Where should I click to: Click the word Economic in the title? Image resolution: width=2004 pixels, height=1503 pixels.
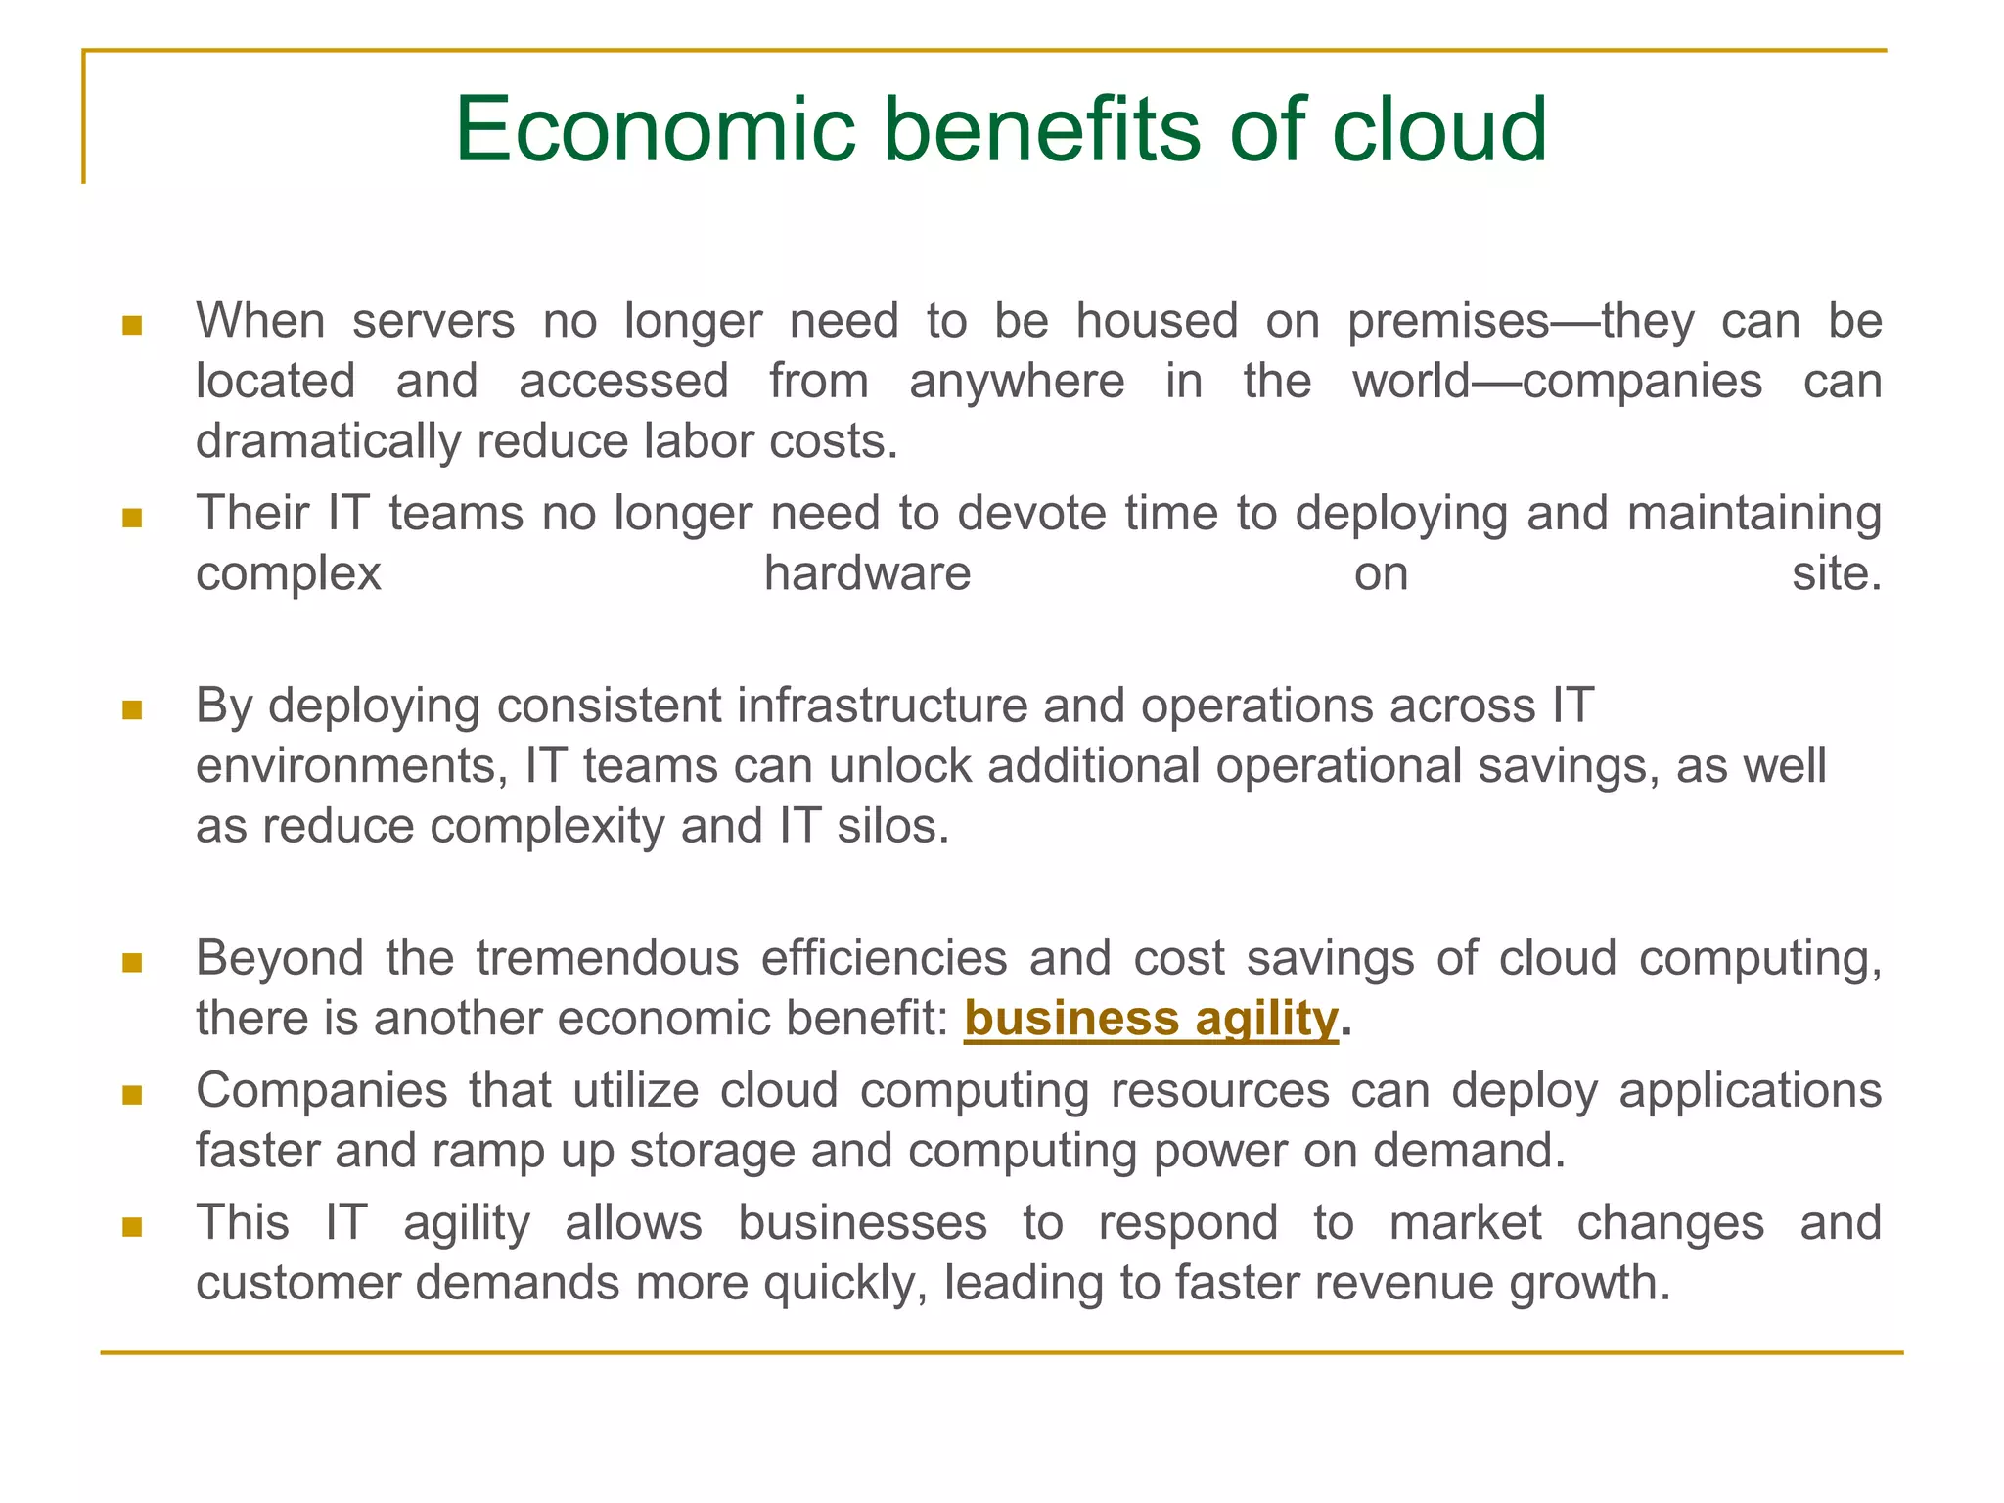click(655, 130)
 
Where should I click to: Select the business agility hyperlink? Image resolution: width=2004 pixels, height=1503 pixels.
click(1150, 1019)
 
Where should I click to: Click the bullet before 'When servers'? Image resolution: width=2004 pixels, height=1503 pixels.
click(132, 325)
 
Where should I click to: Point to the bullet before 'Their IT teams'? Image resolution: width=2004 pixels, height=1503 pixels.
click(132, 517)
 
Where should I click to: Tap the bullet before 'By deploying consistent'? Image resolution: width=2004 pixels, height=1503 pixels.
click(132, 709)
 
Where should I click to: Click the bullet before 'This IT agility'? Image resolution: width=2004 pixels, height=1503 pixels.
click(132, 1226)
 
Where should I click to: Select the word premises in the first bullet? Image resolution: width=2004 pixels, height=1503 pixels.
click(1448, 323)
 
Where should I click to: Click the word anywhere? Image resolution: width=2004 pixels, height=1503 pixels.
click(1017, 382)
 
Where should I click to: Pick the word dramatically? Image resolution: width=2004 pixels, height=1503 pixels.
click(328, 442)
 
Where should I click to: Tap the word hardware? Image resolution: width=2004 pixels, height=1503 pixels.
click(867, 574)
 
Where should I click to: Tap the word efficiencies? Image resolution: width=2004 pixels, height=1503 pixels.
click(884, 958)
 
